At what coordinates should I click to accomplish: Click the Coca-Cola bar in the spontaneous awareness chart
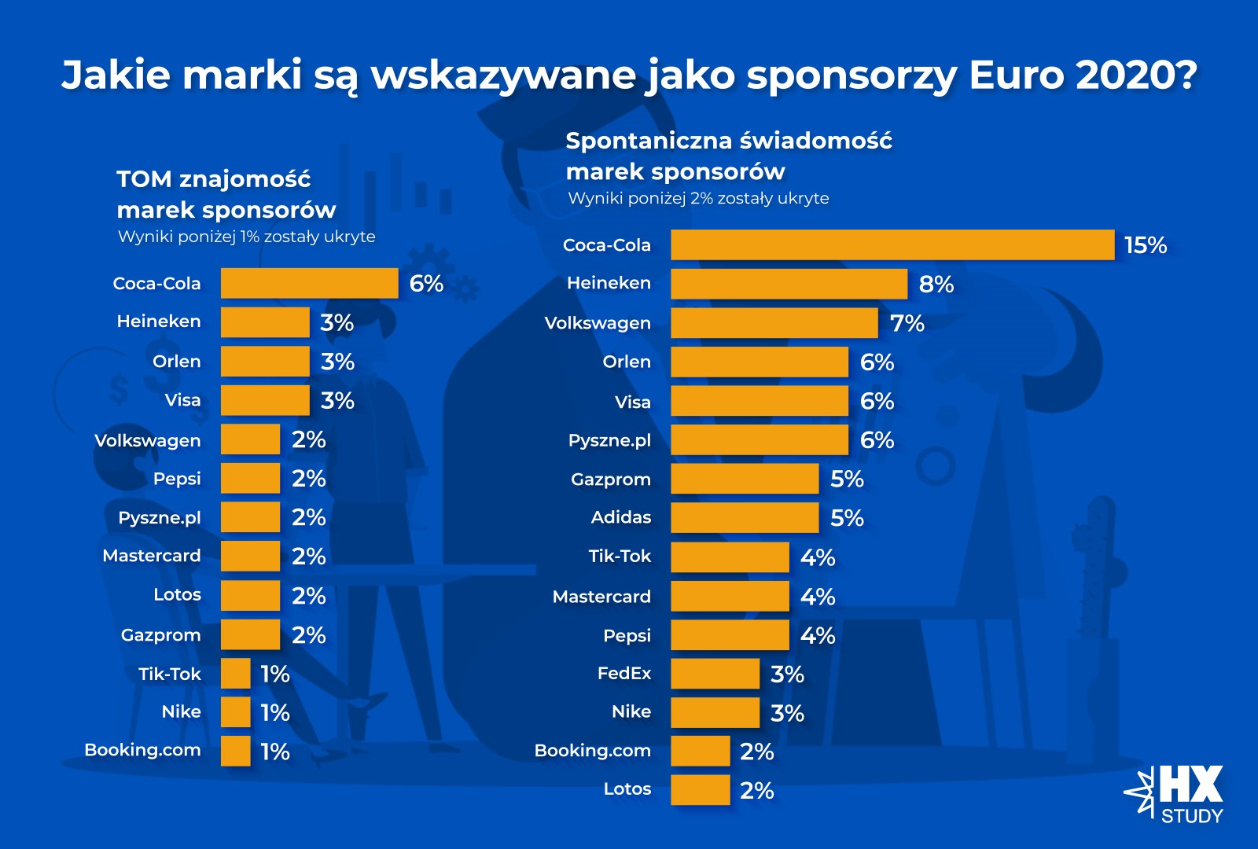coord(892,244)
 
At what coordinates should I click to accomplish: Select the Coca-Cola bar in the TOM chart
coord(309,283)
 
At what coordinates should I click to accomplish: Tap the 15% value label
coord(1146,245)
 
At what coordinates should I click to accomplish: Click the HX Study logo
coord(1175,794)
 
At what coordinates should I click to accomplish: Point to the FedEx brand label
coord(624,673)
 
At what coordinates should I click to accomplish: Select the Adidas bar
coord(745,517)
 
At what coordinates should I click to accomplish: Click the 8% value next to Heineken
coord(936,284)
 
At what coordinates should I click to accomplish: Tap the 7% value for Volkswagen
coord(907,323)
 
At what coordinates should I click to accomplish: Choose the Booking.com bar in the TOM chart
coord(235,751)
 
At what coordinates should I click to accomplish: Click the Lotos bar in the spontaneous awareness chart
coord(700,790)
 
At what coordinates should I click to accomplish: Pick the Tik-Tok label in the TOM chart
coord(170,674)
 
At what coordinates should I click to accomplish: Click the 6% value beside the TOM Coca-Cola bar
coord(426,283)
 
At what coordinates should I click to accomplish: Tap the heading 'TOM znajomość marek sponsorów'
coord(226,194)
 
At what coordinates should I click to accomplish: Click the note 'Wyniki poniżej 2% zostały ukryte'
coord(698,198)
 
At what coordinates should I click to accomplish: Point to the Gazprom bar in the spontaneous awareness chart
coord(745,479)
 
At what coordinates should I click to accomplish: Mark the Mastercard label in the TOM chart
coord(152,556)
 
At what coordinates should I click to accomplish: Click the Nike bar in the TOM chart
coord(235,712)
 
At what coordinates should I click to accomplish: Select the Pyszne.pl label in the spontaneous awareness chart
coord(609,440)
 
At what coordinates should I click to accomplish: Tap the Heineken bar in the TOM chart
coord(265,322)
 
